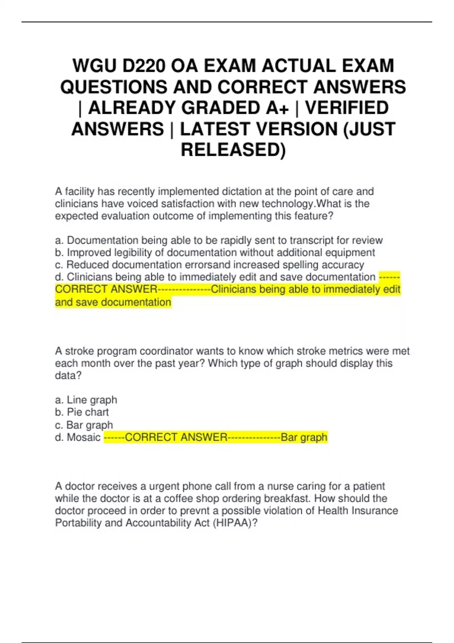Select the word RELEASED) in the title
(233, 150)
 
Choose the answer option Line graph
(92, 400)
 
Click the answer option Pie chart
(87, 412)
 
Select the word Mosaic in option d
(84, 437)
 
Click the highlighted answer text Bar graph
(304, 437)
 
